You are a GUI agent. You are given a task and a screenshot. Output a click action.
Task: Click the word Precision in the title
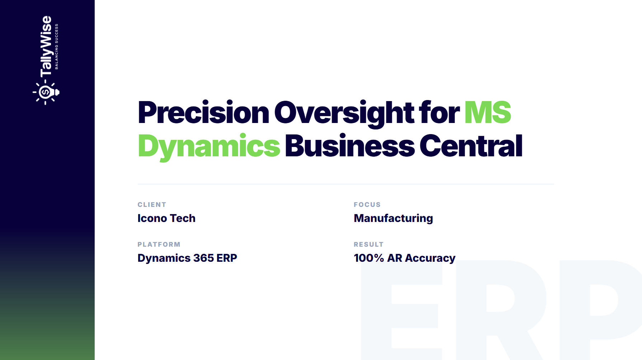click(203, 112)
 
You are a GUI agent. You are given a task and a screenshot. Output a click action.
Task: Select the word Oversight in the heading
click(344, 113)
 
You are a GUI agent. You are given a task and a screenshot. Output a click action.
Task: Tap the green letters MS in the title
click(488, 112)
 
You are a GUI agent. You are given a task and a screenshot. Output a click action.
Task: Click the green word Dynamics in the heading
click(209, 147)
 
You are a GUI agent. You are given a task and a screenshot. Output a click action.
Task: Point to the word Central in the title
click(471, 146)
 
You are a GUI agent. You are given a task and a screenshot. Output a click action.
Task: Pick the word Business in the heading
click(350, 146)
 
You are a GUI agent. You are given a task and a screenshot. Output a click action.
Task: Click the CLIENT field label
click(152, 205)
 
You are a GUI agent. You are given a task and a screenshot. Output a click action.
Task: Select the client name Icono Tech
click(166, 218)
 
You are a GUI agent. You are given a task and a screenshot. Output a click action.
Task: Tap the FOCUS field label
click(367, 205)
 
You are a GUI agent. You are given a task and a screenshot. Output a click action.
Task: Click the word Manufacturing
click(393, 218)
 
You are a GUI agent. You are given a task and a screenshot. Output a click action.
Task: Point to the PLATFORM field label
click(159, 245)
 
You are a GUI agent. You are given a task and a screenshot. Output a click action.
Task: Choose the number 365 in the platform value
click(203, 258)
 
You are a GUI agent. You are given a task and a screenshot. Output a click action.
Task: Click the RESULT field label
click(368, 245)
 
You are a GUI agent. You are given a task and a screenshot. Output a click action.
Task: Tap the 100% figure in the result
click(369, 258)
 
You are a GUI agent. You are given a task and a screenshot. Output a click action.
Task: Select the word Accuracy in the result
click(430, 259)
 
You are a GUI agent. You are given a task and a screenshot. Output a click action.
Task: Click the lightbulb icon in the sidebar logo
click(46, 92)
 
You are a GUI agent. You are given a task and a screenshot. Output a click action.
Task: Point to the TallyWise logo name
click(46, 46)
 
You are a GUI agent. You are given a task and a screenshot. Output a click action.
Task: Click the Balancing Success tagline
click(56, 47)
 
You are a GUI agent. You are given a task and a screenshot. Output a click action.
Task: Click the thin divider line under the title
click(346, 184)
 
